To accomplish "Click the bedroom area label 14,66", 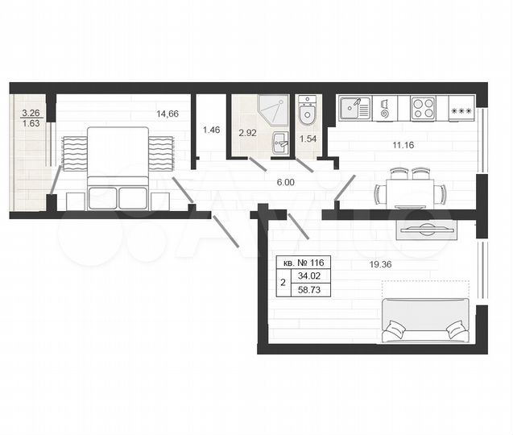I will click(168, 114).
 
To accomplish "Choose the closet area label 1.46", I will click(212, 129).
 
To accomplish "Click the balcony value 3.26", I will click(31, 114).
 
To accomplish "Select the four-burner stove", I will click(423, 108).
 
